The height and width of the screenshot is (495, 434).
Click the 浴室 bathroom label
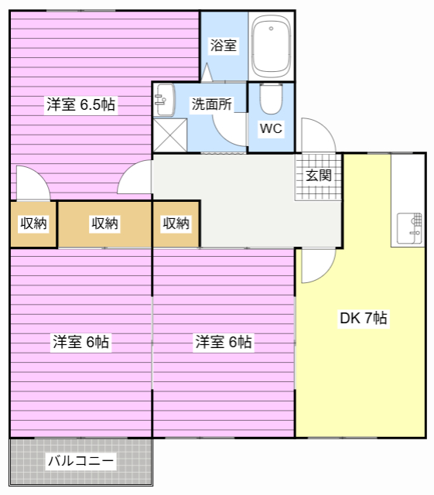click(224, 46)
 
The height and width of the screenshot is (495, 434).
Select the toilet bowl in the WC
click(271, 99)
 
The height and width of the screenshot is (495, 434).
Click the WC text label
click(271, 128)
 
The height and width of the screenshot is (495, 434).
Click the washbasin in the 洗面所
click(163, 98)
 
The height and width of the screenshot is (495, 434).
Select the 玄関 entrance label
click(318, 176)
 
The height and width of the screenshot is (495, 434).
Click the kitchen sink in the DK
click(410, 226)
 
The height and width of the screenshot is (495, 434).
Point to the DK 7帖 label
click(364, 318)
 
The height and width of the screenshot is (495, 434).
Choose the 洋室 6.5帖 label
click(80, 104)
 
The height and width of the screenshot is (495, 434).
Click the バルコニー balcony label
click(81, 462)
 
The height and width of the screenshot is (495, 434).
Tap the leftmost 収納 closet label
click(33, 224)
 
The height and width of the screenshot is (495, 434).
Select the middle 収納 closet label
click(104, 224)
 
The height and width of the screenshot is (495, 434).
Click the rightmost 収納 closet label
click(176, 224)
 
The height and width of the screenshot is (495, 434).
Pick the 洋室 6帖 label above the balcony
click(80, 341)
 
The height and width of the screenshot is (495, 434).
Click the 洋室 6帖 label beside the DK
click(223, 341)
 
